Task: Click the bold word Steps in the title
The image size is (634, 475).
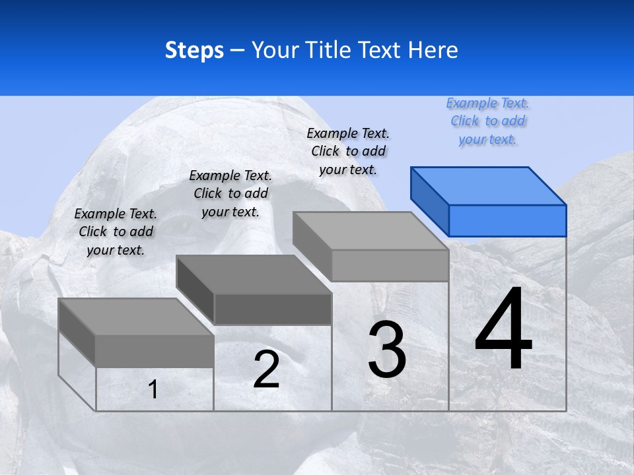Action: coord(194,50)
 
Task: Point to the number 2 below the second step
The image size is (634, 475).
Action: coord(266,369)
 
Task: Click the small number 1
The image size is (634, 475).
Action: coord(153,390)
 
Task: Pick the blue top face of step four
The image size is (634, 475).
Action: coord(489,185)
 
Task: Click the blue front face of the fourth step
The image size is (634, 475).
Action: coord(507,220)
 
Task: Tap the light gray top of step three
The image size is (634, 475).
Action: coord(370,231)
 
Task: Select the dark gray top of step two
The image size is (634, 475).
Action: coord(253,274)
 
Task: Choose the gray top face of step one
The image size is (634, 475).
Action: coord(135,317)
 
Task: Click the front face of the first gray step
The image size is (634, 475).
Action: coord(155,351)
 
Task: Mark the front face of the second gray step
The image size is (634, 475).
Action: coord(272,309)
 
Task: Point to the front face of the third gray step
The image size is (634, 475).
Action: coord(390,265)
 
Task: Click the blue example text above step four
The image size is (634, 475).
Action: coord(487,121)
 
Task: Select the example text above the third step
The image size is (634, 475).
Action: coord(348,151)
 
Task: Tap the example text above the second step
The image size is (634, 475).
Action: coord(230,193)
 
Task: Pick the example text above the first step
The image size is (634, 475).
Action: coord(116,232)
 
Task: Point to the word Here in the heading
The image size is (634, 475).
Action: coord(434,50)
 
